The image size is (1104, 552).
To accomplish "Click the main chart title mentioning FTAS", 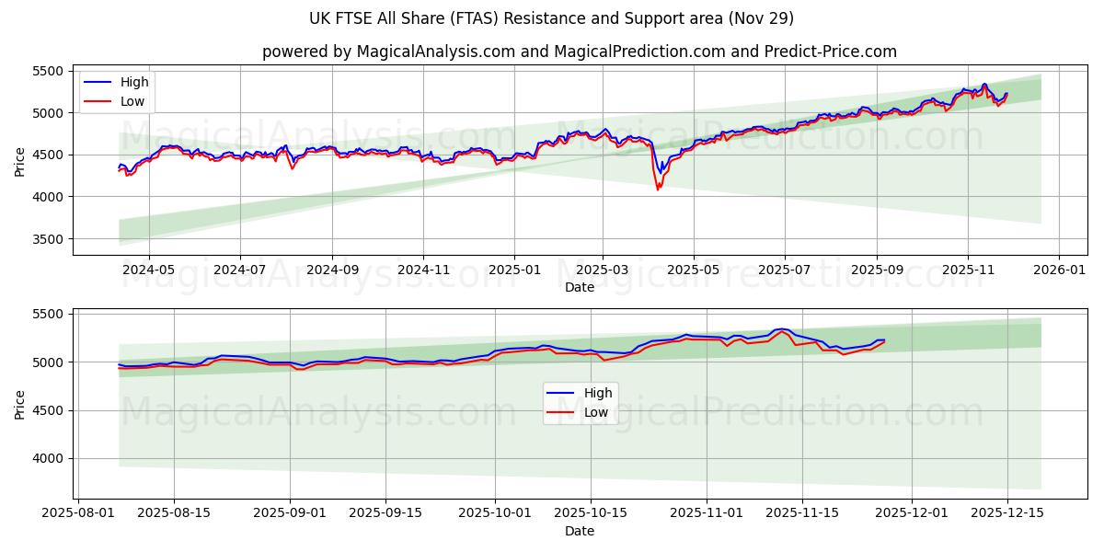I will [x=552, y=18].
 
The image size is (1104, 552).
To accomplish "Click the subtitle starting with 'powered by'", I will [x=580, y=52].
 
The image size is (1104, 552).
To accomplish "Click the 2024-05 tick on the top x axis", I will [x=148, y=270].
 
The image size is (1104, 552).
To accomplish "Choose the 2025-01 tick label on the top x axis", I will [x=513, y=270].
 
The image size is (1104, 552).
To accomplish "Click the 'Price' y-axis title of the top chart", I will [x=20, y=160].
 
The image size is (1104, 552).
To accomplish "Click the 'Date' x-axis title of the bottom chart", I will [x=580, y=531].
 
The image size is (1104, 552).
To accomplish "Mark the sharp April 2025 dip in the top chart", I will [x=658, y=189].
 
